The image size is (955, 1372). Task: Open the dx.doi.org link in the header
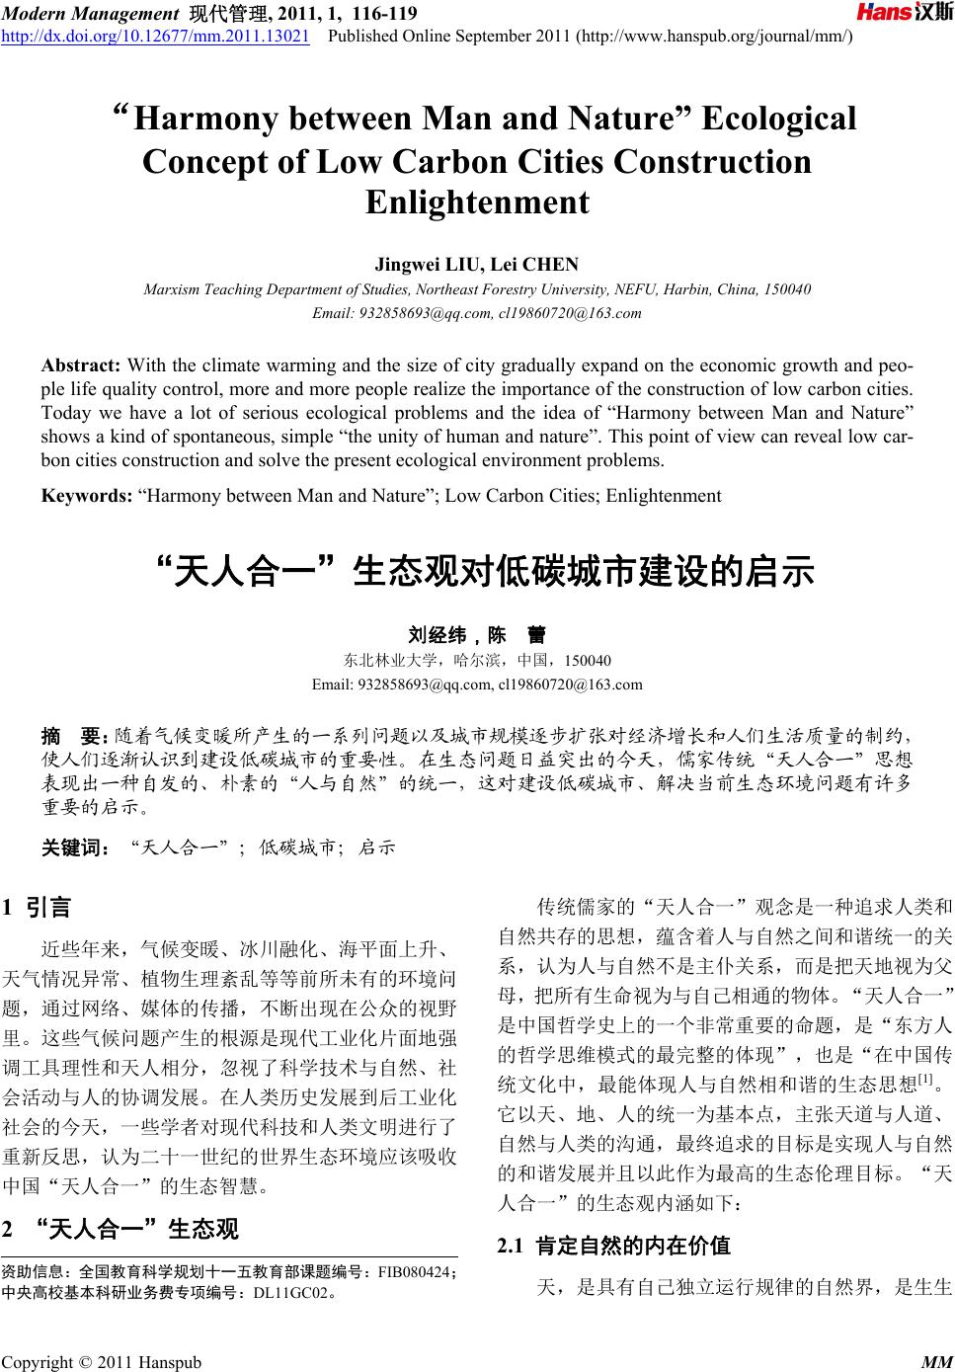coord(156,37)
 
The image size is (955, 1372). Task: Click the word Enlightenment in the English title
coord(477,202)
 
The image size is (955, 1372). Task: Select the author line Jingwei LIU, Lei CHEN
coord(477,264)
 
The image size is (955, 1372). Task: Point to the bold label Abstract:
coord(82,365)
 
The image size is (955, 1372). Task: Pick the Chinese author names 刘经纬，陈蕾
coord(477,635)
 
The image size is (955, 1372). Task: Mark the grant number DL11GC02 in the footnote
coord(290,1291)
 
